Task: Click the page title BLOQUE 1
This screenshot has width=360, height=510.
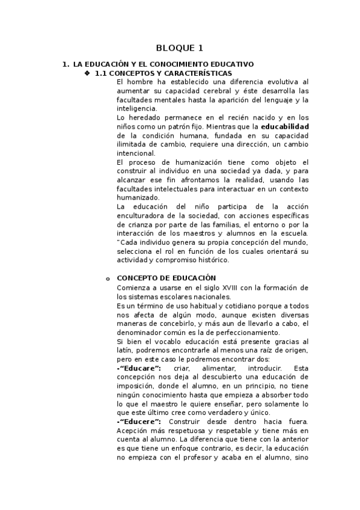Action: (180, 48)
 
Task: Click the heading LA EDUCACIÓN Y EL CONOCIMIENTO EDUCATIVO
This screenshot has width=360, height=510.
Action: (163, 64)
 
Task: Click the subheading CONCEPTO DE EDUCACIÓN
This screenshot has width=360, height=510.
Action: (166, 278)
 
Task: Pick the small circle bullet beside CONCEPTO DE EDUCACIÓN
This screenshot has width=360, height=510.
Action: (108, 278)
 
